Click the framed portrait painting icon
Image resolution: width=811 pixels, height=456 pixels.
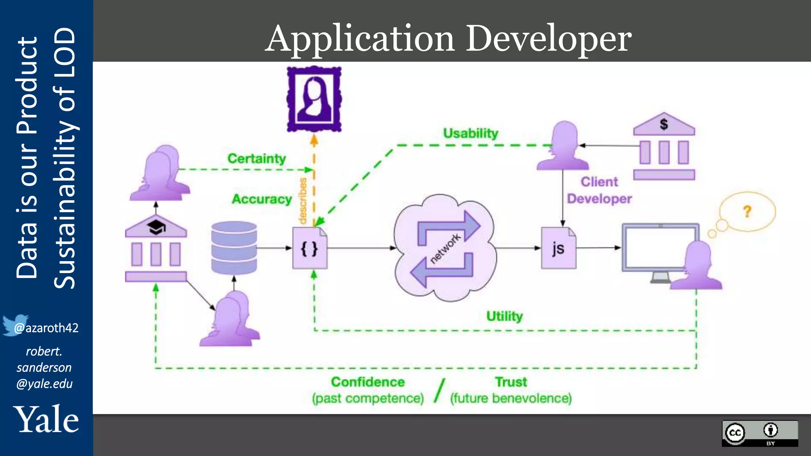pos(314,99)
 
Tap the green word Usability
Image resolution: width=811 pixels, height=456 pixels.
pos(470,133)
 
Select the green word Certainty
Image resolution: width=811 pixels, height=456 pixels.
pos(257,159)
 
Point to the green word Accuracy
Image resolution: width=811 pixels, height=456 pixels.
pos(262,199)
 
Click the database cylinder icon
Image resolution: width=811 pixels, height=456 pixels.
pos(234,248)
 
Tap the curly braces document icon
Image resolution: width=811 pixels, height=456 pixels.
pos(310,248)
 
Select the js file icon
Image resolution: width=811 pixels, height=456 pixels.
pos(558,248)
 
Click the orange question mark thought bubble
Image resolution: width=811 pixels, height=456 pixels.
pos(747,212)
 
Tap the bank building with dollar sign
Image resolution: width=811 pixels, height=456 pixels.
pos(664,146)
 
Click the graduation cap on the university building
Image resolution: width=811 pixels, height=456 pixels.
pos(156,227)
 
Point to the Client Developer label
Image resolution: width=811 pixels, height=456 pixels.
pos(599,190)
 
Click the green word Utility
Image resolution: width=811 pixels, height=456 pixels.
pos(504,316)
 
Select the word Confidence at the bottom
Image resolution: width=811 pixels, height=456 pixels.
pos(368,382)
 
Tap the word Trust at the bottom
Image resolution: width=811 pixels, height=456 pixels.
pos(511,382)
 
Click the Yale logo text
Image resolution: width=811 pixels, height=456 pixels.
pos(46,420)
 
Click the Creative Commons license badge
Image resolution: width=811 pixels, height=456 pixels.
pos(760,433)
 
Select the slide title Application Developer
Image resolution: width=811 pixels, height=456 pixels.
pos(448,38)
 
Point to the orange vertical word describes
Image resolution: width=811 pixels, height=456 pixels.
pos(303,201)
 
